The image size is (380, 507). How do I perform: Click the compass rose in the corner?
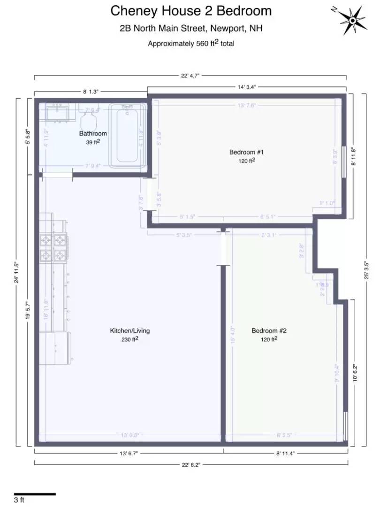tap(351, 19)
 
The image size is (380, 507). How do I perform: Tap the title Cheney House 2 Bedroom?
tap(191, 11)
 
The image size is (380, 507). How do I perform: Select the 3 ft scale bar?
tap(35, 494)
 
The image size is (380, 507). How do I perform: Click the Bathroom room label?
tap(92, 134)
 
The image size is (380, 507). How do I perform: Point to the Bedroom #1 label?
tap(247, 152)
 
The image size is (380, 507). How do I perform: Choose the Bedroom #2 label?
tap(269, 330)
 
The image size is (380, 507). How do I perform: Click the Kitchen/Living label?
tap(130, 330)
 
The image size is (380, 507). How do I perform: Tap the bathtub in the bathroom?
tap(128, 135)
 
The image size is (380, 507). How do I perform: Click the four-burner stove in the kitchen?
tap(53, 248)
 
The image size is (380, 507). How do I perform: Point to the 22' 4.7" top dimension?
tap(191, 76)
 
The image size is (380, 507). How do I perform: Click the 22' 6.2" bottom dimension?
tap(191, 465)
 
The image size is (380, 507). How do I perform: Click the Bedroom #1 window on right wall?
tap(345, 162)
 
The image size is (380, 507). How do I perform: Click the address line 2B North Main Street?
tap(191, 29)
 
